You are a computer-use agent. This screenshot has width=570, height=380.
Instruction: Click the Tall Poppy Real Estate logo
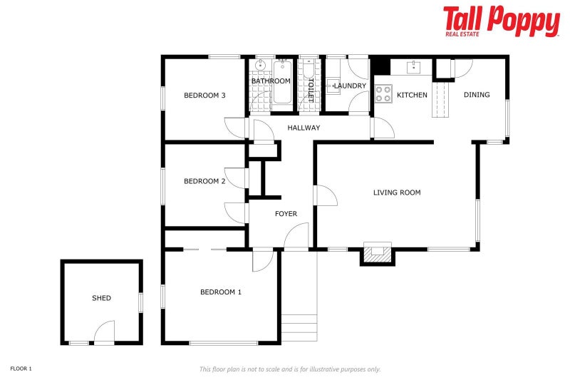pos(501,21)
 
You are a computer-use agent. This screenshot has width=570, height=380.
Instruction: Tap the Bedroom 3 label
pos(204,96)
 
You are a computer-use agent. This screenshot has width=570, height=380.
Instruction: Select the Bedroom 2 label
pos(204,181)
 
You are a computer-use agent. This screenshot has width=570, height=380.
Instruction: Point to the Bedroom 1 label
pos(221,292)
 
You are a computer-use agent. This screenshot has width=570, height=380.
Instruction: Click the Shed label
pos(101,298)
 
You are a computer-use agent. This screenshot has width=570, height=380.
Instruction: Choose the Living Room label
pos(397,192)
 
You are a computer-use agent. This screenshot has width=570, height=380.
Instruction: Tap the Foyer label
pos(286,214)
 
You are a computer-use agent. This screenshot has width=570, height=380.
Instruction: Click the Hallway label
pos(304,128)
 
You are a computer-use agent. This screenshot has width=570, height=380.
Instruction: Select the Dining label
pos(477,95)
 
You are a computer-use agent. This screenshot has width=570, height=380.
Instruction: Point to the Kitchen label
pos(412,95)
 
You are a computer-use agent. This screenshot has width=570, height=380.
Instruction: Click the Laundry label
pos(350,86)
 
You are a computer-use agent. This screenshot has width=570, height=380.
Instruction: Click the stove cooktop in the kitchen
pos(383,93)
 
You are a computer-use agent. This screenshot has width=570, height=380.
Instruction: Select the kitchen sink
pos(413,67)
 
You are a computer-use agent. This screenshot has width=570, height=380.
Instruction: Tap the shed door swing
pos(104,333)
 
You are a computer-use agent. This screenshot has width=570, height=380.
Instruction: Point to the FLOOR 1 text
pos(21,369)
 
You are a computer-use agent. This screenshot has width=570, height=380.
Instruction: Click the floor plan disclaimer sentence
pos(289,369)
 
